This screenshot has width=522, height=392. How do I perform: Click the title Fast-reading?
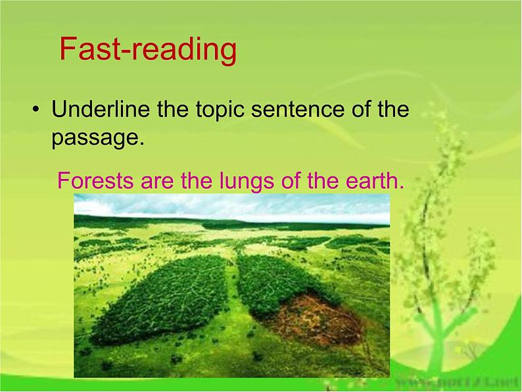(x=147, y=50)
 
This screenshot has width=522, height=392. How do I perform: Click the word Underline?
(x=101, y=109)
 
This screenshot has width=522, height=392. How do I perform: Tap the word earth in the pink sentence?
(x=369, y=180)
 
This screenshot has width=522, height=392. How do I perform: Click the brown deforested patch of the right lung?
(x=316, y=319)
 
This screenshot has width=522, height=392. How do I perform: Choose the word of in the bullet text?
(x=362, y=109)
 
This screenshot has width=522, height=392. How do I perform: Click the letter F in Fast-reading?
(x=68, y=50)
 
